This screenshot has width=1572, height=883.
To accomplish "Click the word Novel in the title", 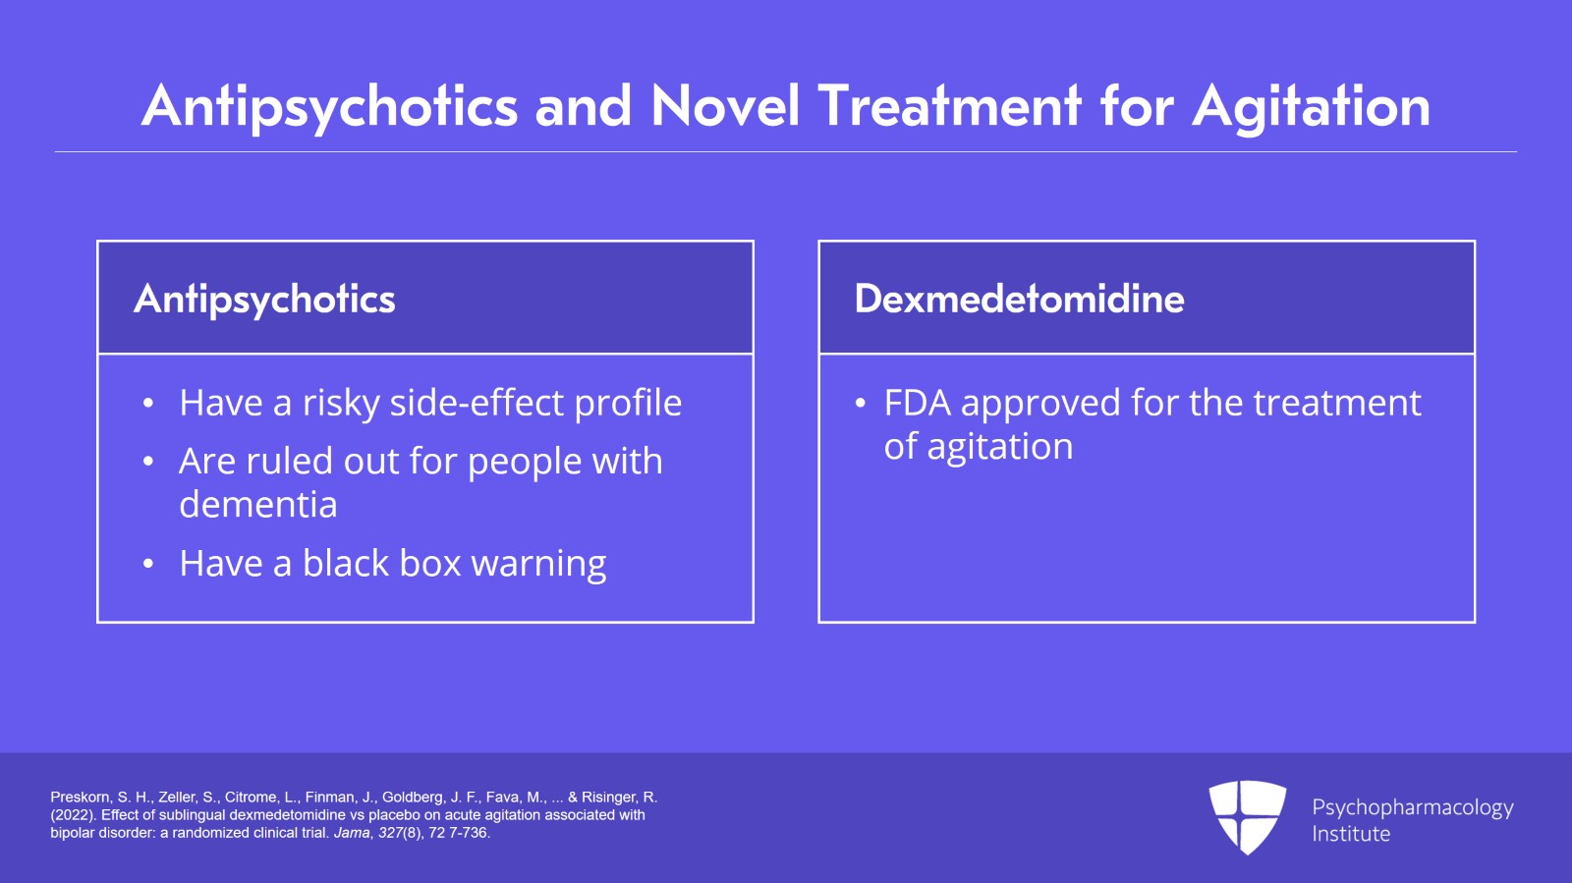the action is click(x=726, y=106).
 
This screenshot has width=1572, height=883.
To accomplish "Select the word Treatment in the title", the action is click(x=950, y=106).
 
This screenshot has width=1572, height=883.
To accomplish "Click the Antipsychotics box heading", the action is click(x=264, y=300).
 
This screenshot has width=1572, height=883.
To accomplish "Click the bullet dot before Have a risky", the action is click(x=147, y=404).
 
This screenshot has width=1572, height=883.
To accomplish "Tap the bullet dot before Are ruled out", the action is click(x=147, y=462).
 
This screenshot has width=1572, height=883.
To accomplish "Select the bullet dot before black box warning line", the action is click(x=147, y=564).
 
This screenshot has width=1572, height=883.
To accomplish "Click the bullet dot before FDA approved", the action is click(x=861, y=404).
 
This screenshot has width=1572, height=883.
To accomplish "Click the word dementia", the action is click(x=258, y=504).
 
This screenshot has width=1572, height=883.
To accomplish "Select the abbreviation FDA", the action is click(x=918, y=404).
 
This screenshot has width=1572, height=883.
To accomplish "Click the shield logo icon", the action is click(x=1248, y=817).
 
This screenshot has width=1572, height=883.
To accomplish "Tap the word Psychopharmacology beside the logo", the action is click(x=1413, y=808).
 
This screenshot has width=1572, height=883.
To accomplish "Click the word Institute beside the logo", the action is click(x=1351, y=834).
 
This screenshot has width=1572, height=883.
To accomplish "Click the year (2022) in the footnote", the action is click(x=73, y=815).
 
